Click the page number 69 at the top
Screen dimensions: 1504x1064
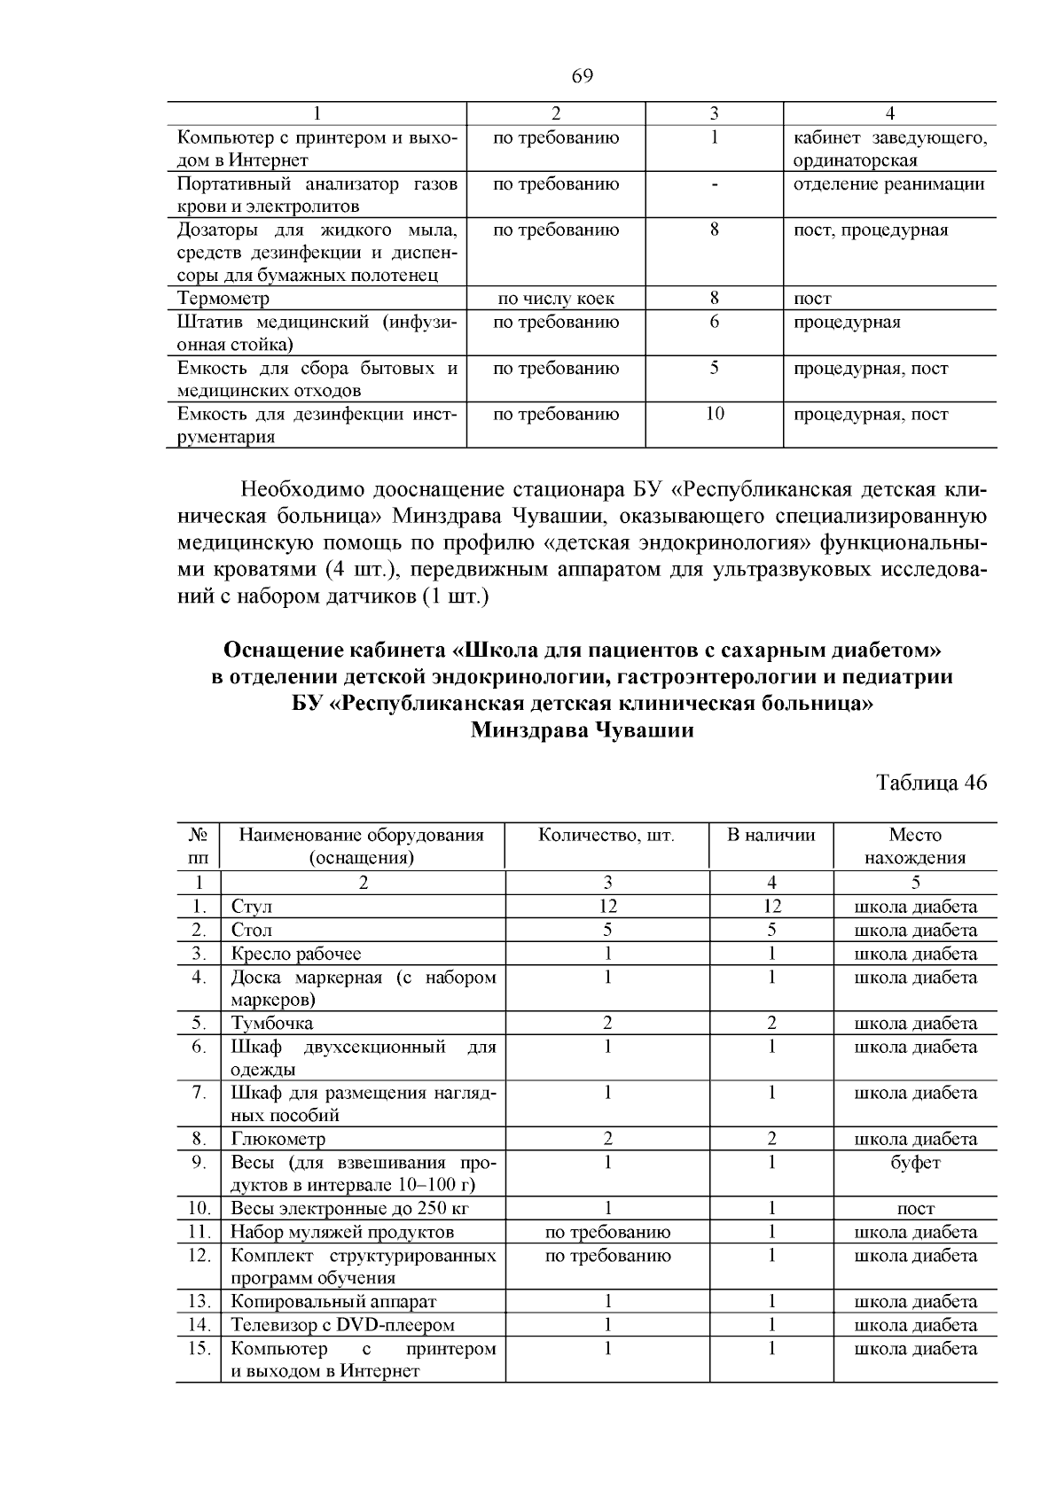point(582,76)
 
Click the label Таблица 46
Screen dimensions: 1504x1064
point(930,783)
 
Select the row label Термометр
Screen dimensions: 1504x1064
point(223,299)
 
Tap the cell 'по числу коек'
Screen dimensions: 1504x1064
point(556,299)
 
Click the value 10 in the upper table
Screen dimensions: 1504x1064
point(715,414)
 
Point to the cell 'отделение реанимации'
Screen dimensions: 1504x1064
point(888,184)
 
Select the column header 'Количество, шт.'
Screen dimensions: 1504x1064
point(606,835)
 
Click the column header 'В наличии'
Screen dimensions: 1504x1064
point(771,835)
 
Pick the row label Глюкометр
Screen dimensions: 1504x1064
point(278,1139)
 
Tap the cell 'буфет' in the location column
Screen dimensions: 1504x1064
point(915,1162)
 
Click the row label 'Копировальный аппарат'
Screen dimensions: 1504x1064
point(333,1301)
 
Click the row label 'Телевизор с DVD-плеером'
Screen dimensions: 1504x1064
point(342,1325)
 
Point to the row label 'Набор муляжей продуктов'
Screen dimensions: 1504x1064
point(342,1232)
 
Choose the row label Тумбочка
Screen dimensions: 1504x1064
point(272,1023)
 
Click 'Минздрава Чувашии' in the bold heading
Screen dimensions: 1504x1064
point(582,731)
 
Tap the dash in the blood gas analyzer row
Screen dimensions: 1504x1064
point(715,184)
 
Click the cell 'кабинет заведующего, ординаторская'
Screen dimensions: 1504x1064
point(888,149)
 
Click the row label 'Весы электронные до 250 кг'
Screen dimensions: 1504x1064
point(349,1208)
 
